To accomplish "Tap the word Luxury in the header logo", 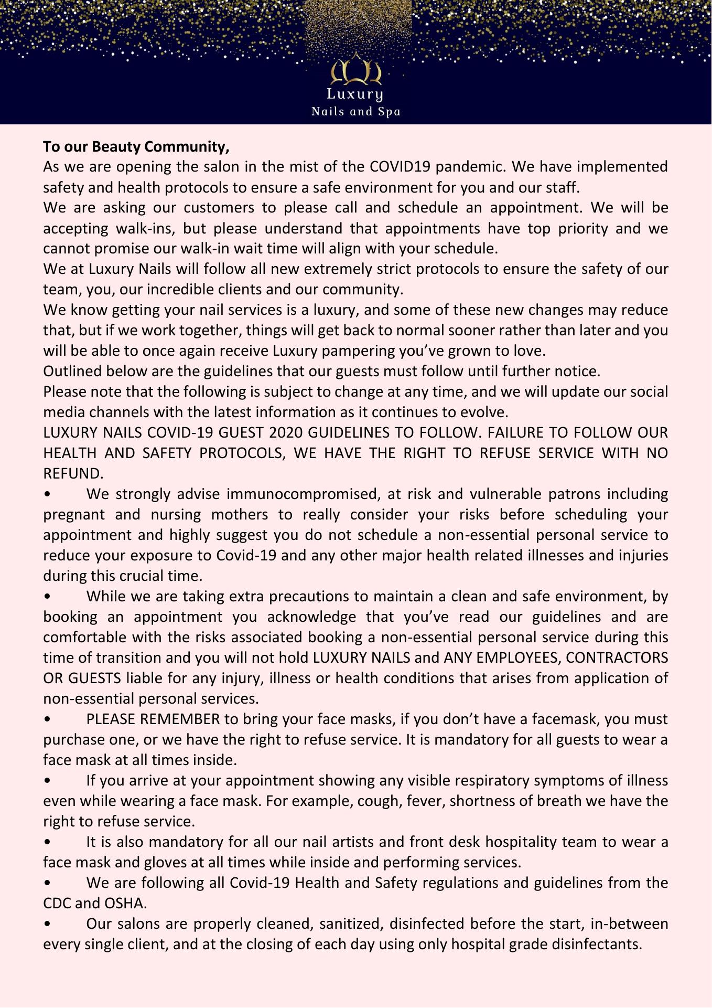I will [x=355, y=95].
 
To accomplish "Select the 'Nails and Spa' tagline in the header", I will [x=355, y=112].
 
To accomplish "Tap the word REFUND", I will [x=72, y=474].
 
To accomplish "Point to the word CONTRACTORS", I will [x=618, y=658].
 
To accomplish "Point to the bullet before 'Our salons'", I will [x=48, y=924].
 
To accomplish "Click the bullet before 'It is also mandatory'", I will [x=48, y=842].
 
